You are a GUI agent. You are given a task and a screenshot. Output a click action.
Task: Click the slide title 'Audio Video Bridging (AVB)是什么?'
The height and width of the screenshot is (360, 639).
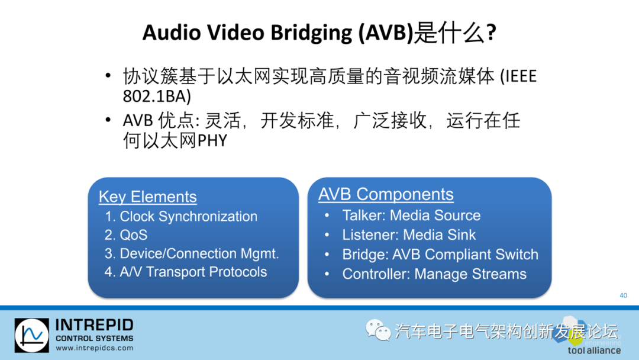pos(319,32)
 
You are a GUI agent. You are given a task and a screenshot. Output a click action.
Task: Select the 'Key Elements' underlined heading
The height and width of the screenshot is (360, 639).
pos(147,197)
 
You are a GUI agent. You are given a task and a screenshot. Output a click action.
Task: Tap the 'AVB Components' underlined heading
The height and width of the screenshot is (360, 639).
pos(386,194)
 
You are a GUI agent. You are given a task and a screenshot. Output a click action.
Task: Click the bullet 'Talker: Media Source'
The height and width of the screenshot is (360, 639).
pos(411,215)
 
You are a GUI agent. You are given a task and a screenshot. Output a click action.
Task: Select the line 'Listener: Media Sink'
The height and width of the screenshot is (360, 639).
pos(409,234)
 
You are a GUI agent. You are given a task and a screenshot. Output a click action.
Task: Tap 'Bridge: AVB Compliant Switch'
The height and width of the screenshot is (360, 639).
pos(440,255)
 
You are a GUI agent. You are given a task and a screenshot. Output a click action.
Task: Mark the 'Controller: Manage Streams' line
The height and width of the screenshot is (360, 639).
pos(434,274)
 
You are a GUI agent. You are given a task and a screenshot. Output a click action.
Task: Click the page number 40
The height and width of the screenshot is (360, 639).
pos(623,295)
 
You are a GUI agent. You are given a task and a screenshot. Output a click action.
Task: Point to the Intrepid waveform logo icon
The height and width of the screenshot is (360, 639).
pos(32,336)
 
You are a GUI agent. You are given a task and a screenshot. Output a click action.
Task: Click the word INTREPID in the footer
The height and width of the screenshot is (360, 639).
pos(94,325)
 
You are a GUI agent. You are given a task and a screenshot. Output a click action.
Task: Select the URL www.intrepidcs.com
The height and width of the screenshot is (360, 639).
pos(94,348)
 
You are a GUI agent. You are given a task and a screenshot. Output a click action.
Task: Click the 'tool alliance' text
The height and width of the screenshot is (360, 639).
pos(594,350)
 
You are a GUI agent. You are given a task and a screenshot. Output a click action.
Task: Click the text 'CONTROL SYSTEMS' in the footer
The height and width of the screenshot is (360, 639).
pos(94,338)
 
